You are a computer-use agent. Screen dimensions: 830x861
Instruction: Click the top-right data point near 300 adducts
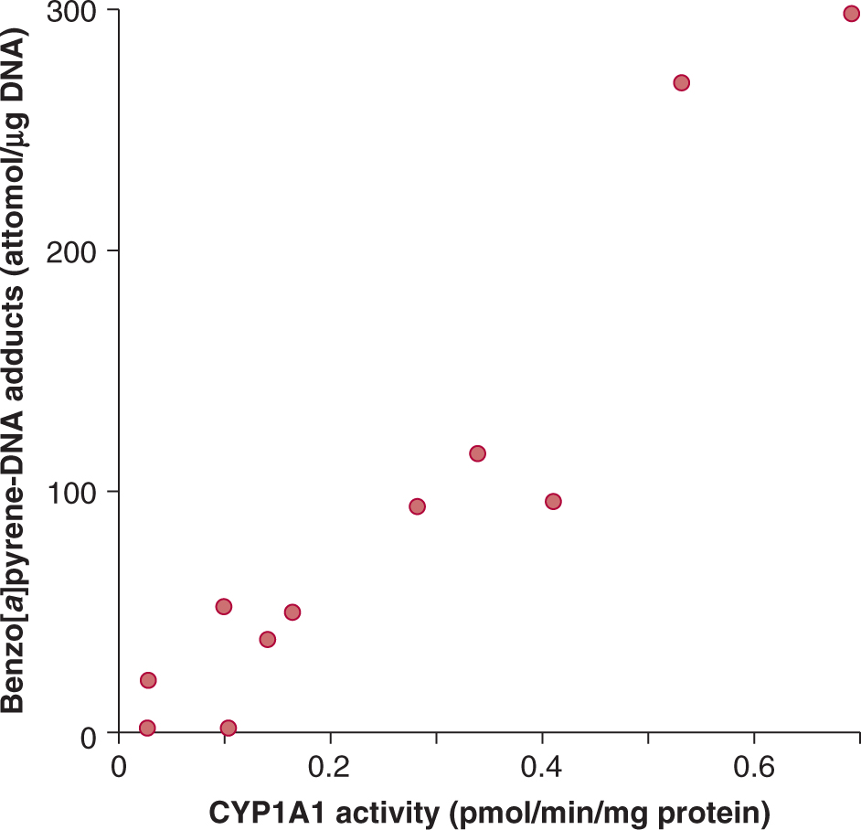coord(851,14)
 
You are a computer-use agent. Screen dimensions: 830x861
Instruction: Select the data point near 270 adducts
coord(681,82)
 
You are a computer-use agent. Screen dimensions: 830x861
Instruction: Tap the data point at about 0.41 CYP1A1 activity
coord(553,501)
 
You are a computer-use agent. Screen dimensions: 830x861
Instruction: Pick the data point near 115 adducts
coord(477,453)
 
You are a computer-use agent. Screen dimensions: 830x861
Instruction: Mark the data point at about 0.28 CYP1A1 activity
coord(417,506)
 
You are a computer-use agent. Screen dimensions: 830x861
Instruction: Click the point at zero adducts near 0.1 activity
coord(229,728)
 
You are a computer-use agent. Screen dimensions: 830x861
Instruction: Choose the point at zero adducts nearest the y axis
coord(147,728)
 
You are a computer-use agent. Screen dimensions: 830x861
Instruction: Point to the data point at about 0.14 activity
coord(267,639)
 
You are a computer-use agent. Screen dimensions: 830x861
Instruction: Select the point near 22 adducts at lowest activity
coord(148,680)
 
